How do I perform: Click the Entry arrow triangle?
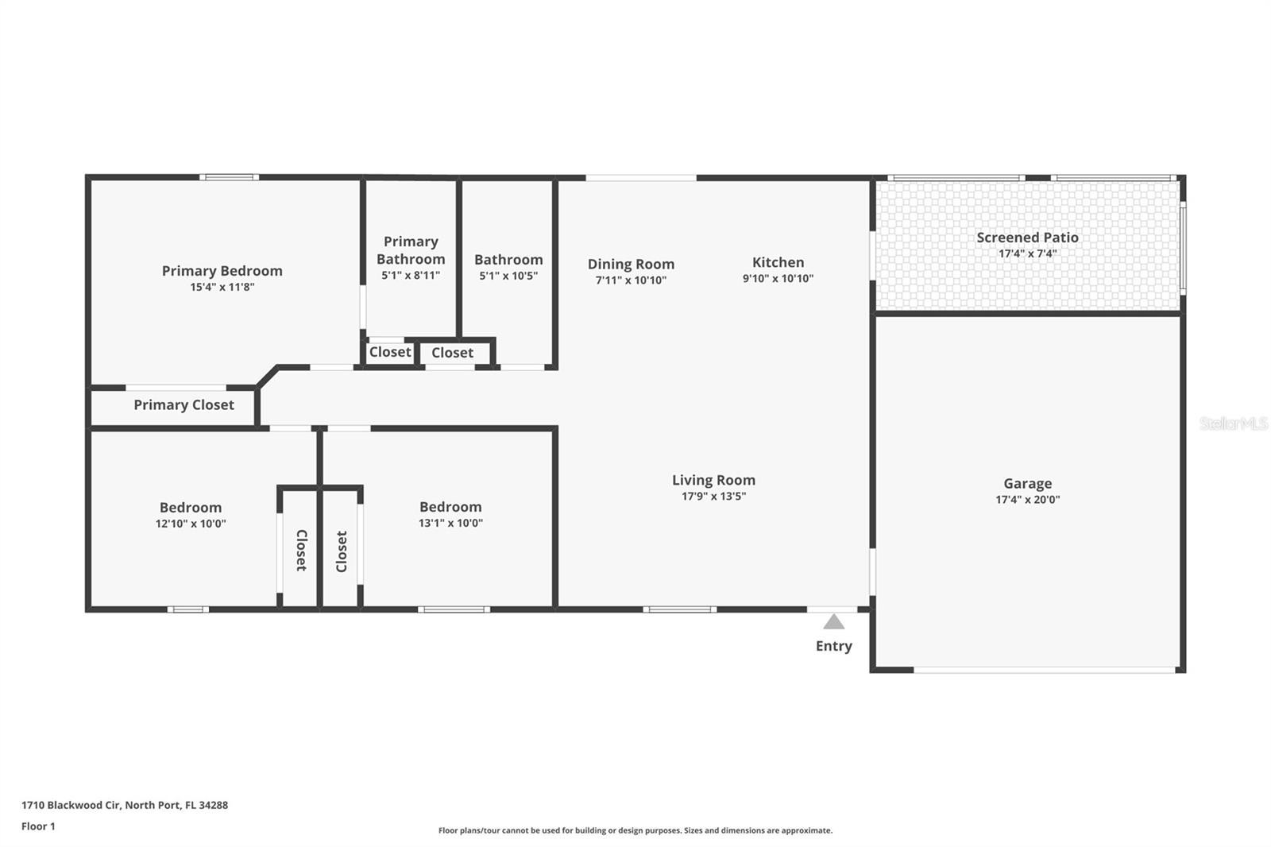833,622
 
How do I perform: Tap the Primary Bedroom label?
222,271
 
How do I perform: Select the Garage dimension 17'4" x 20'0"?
1027,500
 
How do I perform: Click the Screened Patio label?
1027,238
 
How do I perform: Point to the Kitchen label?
778,262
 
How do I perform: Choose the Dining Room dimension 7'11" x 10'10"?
631,280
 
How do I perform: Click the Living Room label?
713,480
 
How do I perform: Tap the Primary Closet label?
184,405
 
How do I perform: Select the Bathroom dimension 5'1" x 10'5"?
508,277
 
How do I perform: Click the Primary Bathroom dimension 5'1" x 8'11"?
411,276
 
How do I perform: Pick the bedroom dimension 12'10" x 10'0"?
191,524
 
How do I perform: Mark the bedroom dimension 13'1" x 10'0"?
450,523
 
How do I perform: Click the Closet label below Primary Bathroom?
390,352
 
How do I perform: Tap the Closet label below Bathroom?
452,353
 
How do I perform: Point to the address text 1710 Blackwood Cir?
125,805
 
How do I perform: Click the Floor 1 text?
38,826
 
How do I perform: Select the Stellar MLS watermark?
1233,423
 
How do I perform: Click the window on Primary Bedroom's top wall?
229,177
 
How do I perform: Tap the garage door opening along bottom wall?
1044,670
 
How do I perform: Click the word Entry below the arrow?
833,646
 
